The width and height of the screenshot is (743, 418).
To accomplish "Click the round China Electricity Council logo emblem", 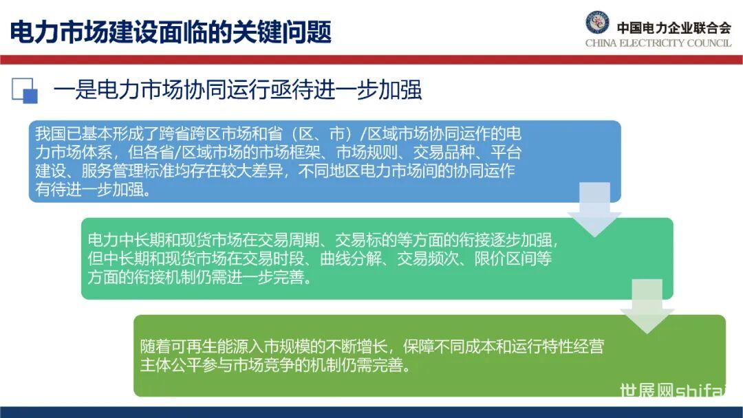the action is click(597, 22).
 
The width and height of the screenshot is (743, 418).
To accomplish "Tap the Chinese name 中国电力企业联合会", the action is click(674, 28).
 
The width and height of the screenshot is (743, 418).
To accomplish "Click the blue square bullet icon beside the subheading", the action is click(25, 91).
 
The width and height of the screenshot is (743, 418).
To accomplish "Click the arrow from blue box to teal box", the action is click(594, 210).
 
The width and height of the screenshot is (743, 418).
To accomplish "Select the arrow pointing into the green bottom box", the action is click(647, 306).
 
